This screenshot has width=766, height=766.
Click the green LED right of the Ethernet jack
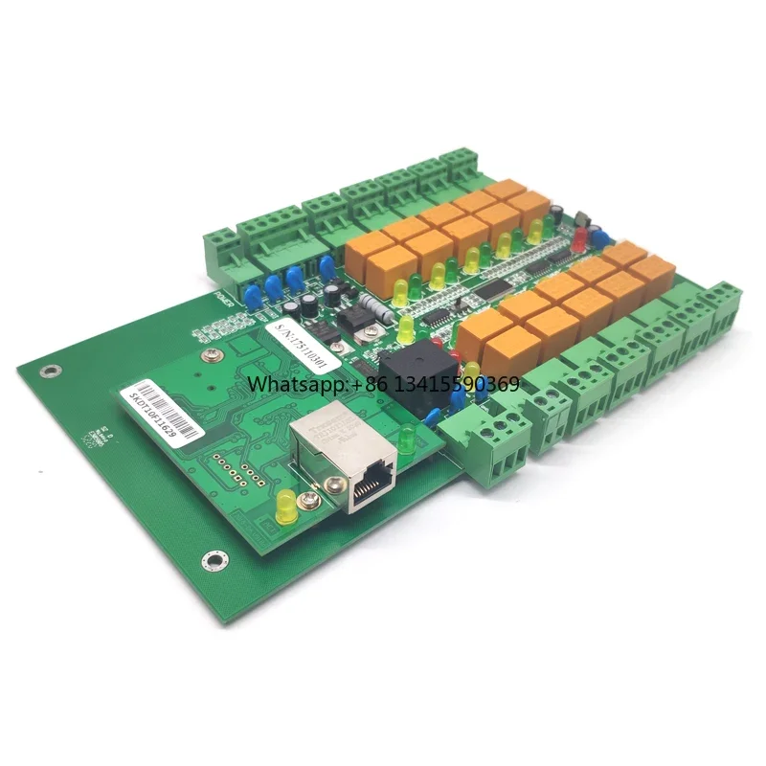pos(407,439)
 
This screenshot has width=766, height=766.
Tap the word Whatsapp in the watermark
pos(286,384)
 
